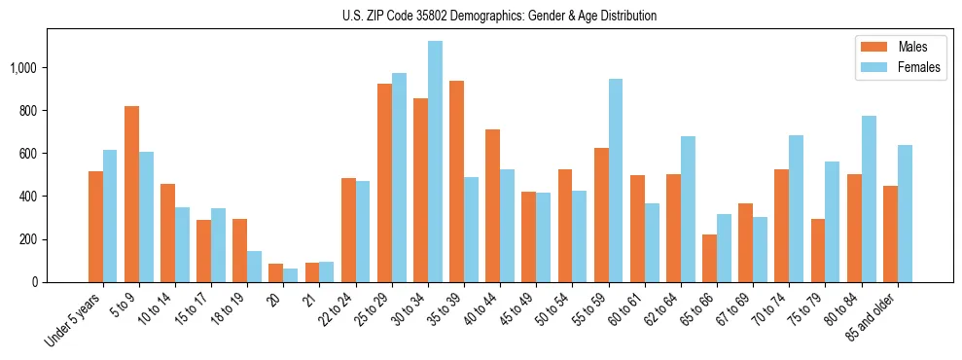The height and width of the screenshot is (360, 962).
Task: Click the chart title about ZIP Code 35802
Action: (499, 16)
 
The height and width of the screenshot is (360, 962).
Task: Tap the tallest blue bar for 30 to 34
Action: (435, 162)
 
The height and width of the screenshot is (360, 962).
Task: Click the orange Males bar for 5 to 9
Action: (131, 195)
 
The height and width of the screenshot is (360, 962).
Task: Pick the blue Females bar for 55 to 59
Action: (616, 181)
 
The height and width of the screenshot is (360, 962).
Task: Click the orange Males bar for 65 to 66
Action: (709, 258)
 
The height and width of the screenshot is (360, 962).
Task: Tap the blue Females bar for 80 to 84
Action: (869, 199)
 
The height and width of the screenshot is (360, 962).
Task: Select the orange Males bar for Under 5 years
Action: (95, 227)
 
